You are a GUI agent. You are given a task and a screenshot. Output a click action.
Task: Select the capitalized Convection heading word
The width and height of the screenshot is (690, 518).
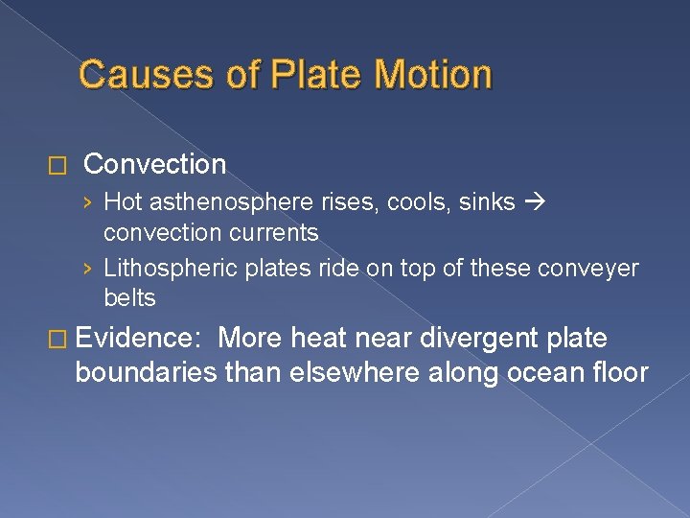[x=155, y=164]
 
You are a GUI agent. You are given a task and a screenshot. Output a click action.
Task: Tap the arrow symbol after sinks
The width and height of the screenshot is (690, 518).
[x=533, y=202]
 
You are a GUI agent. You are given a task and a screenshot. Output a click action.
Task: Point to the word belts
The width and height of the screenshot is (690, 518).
[x=129, y=298]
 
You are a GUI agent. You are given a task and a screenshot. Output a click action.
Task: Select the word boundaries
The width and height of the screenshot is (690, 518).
[x=142, y=373]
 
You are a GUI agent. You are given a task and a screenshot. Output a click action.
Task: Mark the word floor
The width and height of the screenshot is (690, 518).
[x=621, y=373]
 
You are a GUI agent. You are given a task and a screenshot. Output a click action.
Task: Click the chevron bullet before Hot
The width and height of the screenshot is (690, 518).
[x=88, y=203]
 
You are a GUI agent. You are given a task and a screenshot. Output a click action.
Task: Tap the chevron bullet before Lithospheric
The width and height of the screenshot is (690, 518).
[x=88, y=270]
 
